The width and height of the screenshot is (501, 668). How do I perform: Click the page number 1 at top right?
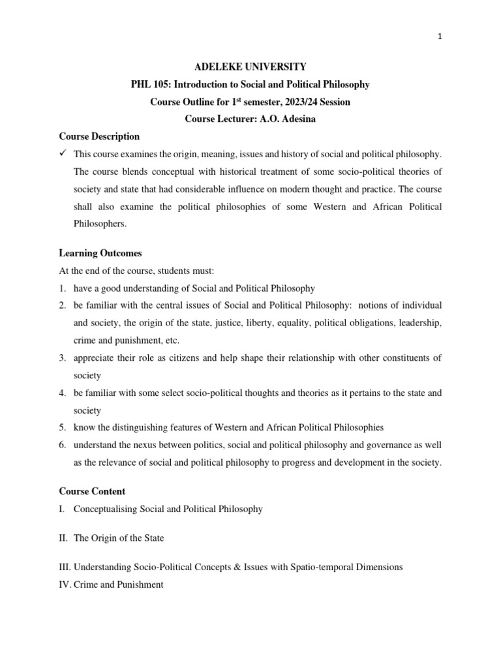click(x=440, y=37)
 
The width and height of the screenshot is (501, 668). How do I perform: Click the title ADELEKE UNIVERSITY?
click(x=251, y=67)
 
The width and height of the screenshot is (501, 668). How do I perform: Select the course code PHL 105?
click(x=154, y=84)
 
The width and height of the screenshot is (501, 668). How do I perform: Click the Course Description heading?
click(x=99, y=137)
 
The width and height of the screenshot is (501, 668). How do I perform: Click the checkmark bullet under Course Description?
click(x=63, y=154)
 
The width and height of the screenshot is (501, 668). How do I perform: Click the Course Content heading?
click(x=92, y=491)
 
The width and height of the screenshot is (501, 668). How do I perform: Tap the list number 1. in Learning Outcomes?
click(x=63, y=288)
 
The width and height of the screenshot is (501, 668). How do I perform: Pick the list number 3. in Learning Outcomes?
click(x=63, y=358)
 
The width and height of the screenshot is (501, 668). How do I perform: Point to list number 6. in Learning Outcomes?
click(x=63, y=446)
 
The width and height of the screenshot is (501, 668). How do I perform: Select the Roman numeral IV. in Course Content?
click(x=65, y=585)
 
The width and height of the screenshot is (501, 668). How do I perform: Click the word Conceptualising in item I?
click(x=106, y=509)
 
